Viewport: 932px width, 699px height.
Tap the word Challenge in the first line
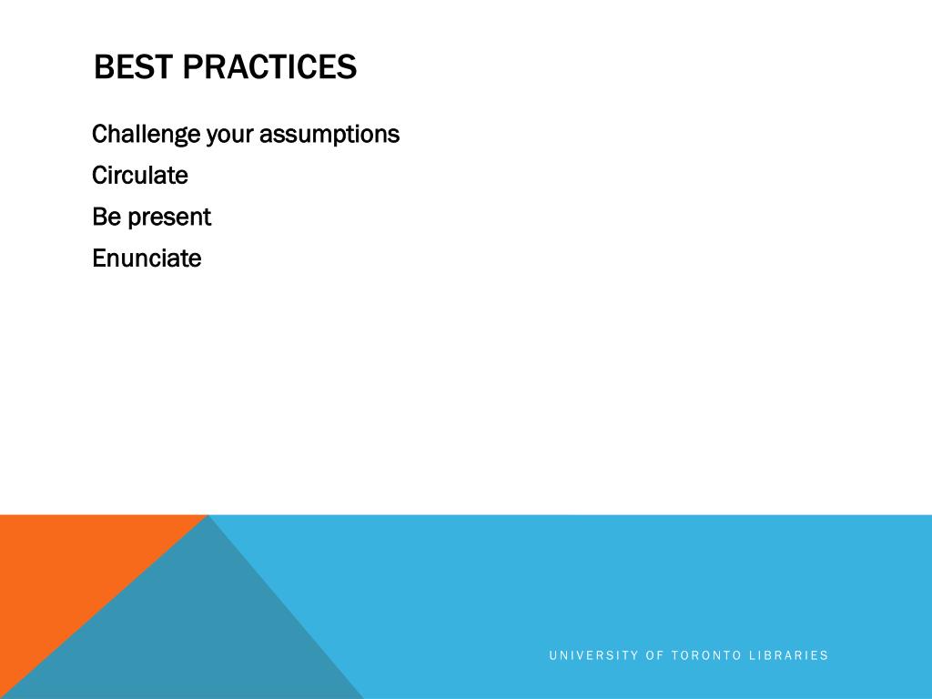point(146,136)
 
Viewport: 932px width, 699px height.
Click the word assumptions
point(329,136)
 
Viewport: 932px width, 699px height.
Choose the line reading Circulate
point(140,176)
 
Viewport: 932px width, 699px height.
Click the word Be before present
point(106,218)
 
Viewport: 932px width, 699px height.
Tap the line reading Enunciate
point(147,258)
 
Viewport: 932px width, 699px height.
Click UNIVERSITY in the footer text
point(593,655)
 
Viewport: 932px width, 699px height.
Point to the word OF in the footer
point(654,655)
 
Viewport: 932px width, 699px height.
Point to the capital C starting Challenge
point(100,135)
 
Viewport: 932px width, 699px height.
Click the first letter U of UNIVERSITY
point(552,655)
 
